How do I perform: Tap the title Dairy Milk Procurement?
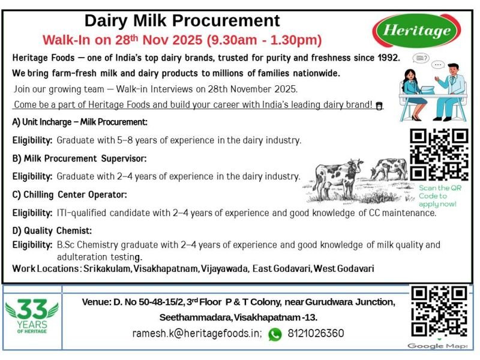(182, 21)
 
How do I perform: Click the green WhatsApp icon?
(275, 334)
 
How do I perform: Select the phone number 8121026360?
(316, 334)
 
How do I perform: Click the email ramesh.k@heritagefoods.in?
(197, 334)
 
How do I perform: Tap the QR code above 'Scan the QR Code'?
(439, 154)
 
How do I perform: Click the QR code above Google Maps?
(439, 311)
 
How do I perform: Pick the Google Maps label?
(437, 346)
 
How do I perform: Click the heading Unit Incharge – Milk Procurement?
(80, 122)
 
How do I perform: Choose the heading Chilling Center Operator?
(70, 194)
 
